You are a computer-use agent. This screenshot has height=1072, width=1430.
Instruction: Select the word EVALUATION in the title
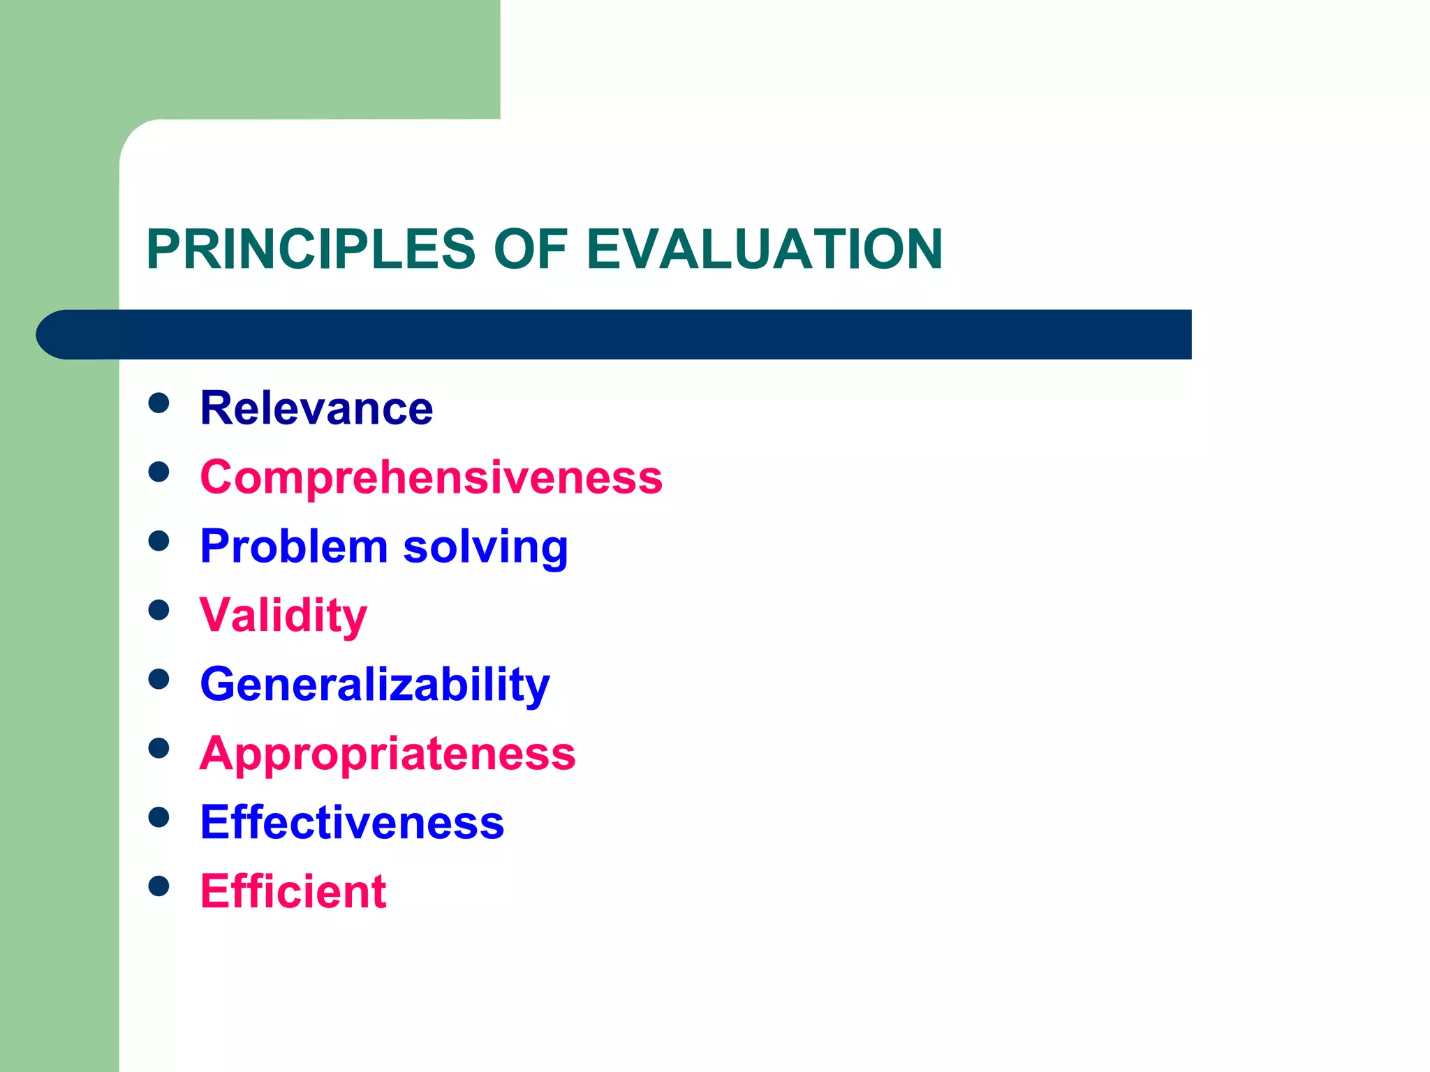point(765,249)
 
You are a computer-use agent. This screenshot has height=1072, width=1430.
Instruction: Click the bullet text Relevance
point(316,408)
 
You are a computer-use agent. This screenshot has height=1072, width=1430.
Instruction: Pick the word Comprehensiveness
point(431,477)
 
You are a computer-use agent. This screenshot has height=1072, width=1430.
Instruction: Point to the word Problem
point(293,546)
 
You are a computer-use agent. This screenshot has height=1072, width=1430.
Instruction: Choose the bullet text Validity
point(283,616)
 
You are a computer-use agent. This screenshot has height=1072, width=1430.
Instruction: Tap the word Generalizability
point(375,685)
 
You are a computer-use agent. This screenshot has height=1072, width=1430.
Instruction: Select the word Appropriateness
point(388,754)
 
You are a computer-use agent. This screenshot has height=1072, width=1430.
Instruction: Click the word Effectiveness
point(352,822)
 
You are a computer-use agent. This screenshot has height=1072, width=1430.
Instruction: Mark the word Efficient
point(293,891)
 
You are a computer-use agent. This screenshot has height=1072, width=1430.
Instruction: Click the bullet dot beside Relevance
point(159,403)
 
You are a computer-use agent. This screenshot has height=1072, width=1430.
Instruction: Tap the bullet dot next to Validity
point(159,610)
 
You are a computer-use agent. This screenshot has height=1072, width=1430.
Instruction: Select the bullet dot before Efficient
point(159,886)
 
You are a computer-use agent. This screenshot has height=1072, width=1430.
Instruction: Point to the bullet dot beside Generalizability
point(159,679)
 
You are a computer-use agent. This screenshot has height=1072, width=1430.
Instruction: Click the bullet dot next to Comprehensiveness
point(159,472)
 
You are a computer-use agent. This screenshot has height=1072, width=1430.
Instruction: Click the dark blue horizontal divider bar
point(628,334)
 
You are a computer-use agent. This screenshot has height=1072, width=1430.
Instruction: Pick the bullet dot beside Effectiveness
point(159,817)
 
